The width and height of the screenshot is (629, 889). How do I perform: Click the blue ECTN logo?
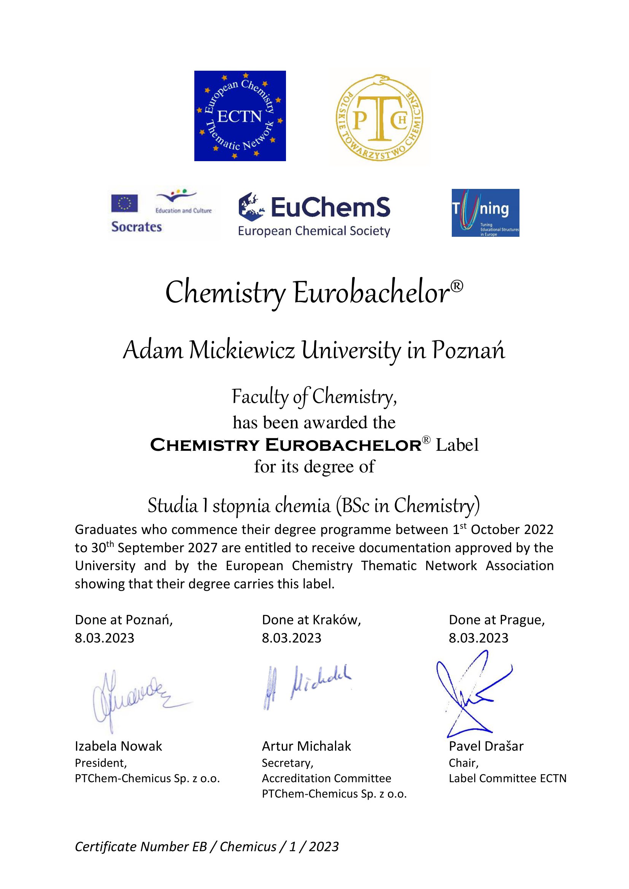tap(240, 116)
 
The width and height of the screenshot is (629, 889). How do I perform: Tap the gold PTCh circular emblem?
tap(379, 118)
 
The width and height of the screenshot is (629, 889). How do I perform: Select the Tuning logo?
tap(485, 212)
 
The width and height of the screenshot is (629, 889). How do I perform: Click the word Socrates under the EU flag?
tap(137, 227)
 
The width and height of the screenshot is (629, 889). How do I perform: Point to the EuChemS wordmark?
tap(330, 207)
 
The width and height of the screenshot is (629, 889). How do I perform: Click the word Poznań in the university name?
tap(468, 350)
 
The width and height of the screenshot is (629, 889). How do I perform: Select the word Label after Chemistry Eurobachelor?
tap(457, 445)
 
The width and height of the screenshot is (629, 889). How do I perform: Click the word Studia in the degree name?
tap(173, 505)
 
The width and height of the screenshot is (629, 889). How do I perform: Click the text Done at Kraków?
tap(311, 620)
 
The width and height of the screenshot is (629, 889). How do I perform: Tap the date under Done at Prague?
tap(478, 638)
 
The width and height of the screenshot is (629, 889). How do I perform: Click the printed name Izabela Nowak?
tap(118, 746)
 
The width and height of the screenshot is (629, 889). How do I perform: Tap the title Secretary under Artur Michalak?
tap(287, 763)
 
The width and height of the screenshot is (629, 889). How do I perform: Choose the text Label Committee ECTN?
tap(507, 778)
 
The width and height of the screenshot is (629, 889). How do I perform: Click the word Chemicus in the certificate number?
tap(248, 846)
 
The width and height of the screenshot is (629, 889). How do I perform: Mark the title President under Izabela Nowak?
tap(101, 763)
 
